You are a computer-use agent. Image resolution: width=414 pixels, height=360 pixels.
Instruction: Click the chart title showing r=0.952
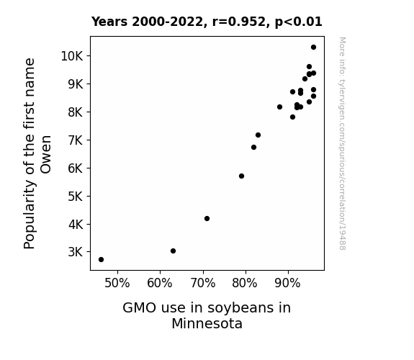[x=207, y=22]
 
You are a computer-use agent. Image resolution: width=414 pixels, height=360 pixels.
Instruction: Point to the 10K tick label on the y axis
[x=72, y=56]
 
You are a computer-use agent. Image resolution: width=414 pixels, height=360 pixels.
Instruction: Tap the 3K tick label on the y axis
[x=76, y=252]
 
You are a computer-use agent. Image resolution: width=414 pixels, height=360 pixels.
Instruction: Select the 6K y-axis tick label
[x=76, y=168]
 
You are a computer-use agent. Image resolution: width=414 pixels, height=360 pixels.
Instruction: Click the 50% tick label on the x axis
[x=117, y=283]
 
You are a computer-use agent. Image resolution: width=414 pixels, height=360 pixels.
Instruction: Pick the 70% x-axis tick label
[x=203, y=283]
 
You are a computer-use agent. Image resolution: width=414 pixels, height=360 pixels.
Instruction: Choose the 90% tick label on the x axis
[x=287, y=283]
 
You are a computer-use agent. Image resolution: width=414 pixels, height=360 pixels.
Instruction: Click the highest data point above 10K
[x=313, y=48]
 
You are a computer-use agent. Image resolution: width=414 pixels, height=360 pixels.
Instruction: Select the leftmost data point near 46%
[x=101, y=260]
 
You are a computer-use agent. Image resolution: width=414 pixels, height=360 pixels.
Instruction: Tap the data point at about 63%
[x=174, y=251]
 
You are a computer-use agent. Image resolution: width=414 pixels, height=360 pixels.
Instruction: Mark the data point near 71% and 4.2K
[x=207, y=218]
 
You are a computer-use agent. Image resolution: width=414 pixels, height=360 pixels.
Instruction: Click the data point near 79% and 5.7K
[x=241, y=176]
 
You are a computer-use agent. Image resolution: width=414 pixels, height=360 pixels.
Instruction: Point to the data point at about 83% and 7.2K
[x=258, y=135]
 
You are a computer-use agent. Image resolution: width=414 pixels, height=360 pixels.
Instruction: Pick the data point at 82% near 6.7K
[x=253, y=147]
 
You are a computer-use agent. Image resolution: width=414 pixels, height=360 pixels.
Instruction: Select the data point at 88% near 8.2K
[x=279, y=107]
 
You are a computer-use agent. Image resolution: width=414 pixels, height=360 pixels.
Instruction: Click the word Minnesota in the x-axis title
[x=207, y=323]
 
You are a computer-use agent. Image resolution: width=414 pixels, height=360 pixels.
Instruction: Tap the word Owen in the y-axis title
[x=45, y=155]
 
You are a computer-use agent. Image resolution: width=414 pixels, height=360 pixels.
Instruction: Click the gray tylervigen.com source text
[x=342, y=143]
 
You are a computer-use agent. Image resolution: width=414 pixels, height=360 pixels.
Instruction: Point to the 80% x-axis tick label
[x=245, y=283]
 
